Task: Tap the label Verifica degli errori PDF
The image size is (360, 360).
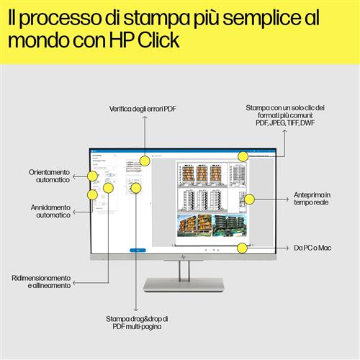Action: (x=143, y=109)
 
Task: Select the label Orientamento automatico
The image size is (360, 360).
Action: (x=50, y=176)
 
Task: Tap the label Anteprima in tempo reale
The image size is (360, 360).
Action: (x=312, y=199)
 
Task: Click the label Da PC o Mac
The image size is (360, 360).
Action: (x=312, y=248)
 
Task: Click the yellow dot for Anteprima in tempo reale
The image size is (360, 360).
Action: (x=248, y=199)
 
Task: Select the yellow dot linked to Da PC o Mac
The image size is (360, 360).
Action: (x=242, y=248)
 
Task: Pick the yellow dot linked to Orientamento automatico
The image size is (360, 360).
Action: (x=92, y=176)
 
